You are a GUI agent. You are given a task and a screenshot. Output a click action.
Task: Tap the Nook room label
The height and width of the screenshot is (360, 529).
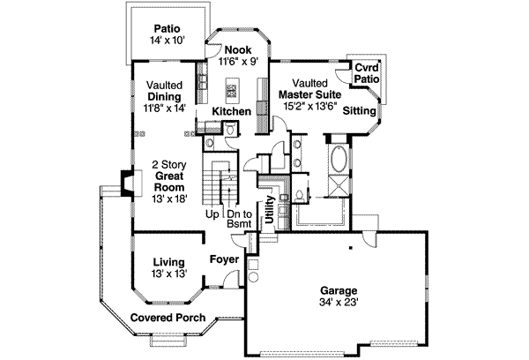click(x=238, y=50)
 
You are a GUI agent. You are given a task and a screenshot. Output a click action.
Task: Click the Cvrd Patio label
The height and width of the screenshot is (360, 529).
click(x=367, y=72)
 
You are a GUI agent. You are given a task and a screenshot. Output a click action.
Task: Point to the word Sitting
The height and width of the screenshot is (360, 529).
click(x=357, y=111)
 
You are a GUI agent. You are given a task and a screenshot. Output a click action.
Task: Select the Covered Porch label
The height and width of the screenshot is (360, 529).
click(x=168, y=317)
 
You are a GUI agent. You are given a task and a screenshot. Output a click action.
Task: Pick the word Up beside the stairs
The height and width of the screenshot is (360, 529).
click(x=212, y=214)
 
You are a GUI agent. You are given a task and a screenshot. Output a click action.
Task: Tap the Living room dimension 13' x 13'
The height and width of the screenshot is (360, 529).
click(x=168, y=274)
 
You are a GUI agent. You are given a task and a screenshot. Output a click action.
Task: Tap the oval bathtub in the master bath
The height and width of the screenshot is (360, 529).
click(x=339, y=162)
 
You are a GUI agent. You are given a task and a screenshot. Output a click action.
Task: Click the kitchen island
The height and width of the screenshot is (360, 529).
click(x=234, y=88)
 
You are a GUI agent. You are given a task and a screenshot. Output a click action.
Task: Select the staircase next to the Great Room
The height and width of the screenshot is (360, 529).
click(x=218, y=184)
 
